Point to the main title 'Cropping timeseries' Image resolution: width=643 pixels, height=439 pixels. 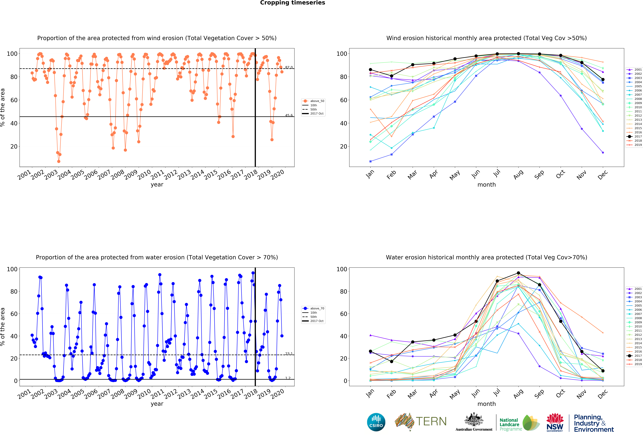292,3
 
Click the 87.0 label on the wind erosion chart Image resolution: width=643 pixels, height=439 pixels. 289,67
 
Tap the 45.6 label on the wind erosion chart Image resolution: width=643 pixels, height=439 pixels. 289,115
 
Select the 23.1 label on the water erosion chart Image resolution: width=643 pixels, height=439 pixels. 289,354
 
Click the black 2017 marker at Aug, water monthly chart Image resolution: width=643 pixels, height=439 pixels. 518,273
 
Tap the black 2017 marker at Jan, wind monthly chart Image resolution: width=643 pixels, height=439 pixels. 370,70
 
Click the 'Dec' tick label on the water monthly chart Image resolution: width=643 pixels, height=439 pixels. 603,394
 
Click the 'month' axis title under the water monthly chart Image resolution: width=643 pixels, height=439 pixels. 486,404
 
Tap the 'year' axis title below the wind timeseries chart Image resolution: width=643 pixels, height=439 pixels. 157,185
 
